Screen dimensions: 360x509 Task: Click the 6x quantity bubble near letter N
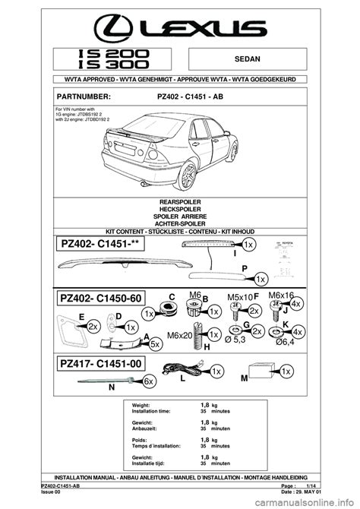click(150, 380)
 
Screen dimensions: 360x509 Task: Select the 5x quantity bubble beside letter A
click(155, 343)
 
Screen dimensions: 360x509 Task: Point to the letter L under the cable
click(183, 378)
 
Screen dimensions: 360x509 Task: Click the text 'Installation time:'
click(153, 411)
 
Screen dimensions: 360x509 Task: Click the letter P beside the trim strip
click(245, 268)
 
